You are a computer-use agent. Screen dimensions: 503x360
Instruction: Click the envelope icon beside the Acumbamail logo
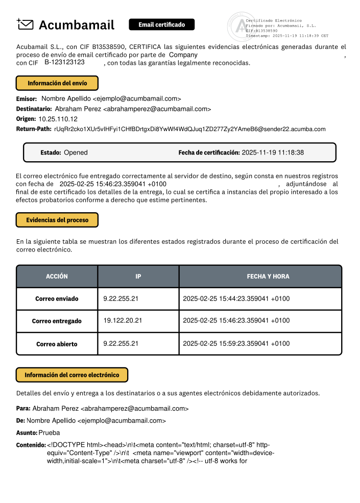click(x=26, y=24)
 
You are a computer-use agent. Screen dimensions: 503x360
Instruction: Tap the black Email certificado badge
click(x=161, y=24)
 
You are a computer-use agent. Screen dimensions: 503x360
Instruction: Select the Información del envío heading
click(x=57, y=83)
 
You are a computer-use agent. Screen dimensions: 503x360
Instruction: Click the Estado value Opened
click(x=76, y=153)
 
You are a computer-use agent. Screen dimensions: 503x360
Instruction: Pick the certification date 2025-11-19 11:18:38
click(x=273, y=153)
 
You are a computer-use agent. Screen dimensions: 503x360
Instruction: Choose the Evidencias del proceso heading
click(x=57, y=220)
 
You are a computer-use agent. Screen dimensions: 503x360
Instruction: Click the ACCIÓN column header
click(x=57, y=276)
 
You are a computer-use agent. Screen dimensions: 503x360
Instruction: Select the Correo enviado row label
click(x=57, y=298)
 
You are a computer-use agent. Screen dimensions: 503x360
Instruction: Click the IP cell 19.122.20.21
click(x=123, y=321)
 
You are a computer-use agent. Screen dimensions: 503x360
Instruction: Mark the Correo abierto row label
click(x=57, y=344)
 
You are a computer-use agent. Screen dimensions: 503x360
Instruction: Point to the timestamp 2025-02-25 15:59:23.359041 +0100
click(x=236, y=344)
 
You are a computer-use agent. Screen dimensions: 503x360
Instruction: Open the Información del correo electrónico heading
click(x=72, y=375)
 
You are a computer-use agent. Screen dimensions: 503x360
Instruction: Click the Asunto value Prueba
click(x=50, y=433)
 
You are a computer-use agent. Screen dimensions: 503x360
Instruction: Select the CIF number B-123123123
click(x=64, y=62)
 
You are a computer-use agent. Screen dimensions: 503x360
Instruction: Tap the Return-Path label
click(x=34, y=129)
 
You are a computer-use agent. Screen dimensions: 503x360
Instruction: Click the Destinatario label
click(x=34, y=109)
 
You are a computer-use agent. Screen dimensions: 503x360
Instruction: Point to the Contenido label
click(x=31, y=445)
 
